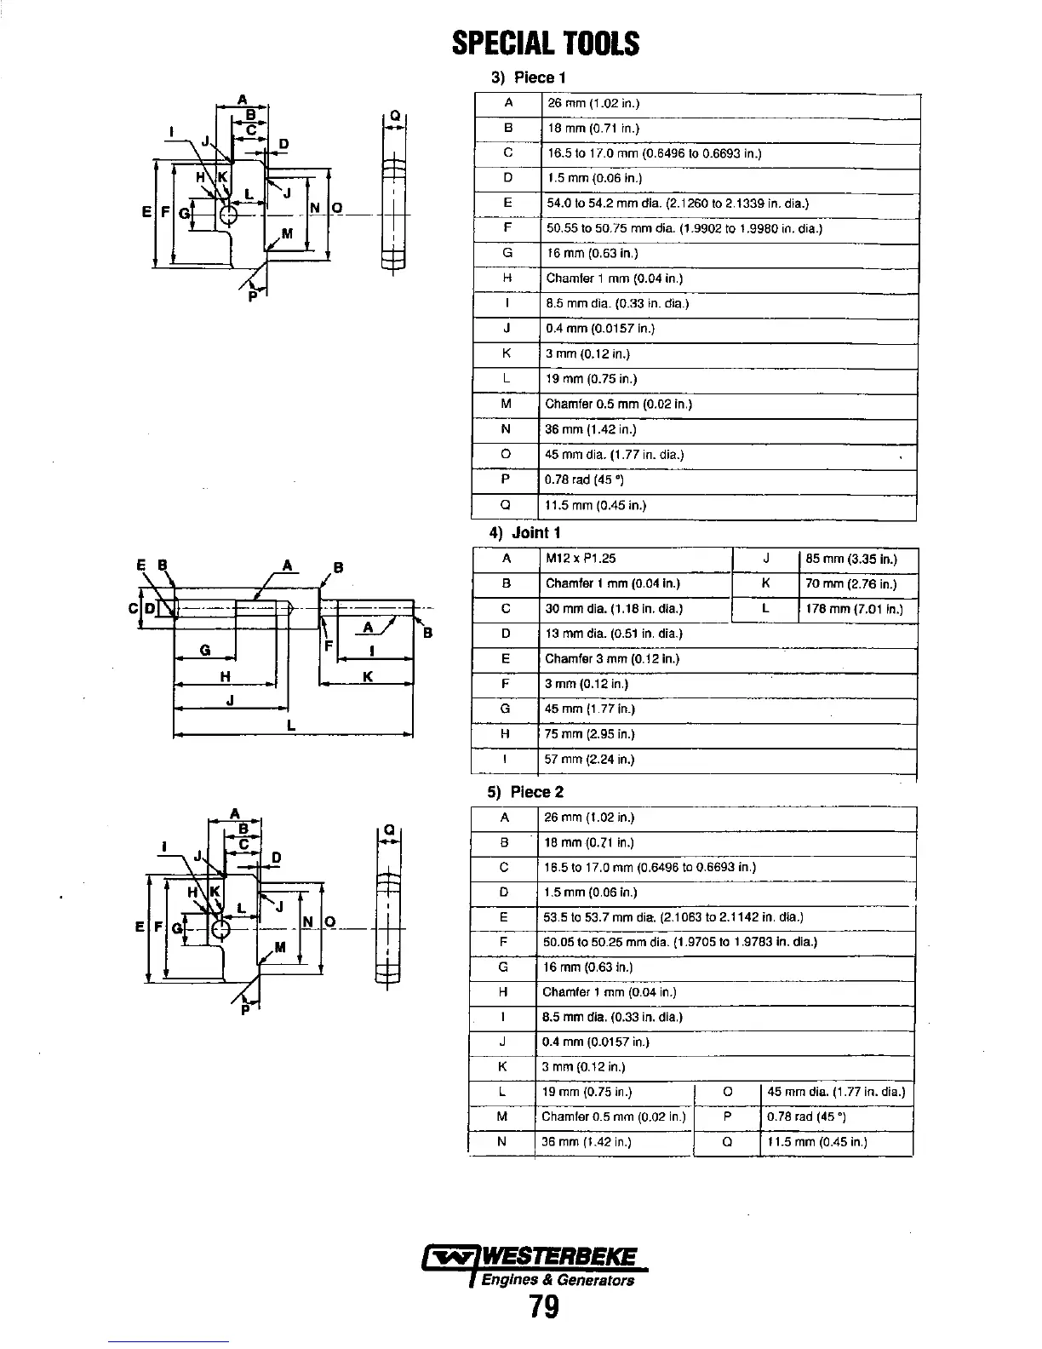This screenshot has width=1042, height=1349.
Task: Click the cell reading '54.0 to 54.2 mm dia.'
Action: pos(677,204)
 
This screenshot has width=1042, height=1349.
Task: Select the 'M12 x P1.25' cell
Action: pos(581,559)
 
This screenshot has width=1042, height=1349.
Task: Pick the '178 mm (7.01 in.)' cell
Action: pos(854,609)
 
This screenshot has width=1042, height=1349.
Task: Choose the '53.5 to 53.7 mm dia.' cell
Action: pos(673,917)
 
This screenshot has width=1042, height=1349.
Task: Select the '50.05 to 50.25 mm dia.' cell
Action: pos(679,942)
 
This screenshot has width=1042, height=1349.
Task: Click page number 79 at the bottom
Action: pos(544,1306)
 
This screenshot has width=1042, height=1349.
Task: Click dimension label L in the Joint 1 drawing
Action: pos(291,726)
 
